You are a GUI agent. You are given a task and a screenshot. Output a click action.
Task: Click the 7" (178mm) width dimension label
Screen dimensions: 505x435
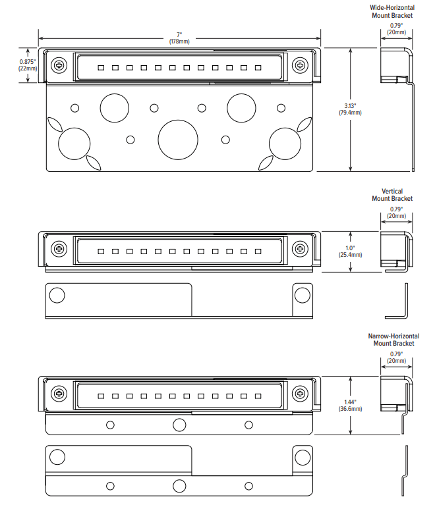tap(179, 38)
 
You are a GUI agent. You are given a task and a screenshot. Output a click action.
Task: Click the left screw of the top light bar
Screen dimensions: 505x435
tap(60, 65)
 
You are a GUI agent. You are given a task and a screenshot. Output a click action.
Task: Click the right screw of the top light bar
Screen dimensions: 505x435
tap(300, 65)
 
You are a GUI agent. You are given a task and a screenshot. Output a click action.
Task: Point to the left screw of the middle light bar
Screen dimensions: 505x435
tap(60, 249)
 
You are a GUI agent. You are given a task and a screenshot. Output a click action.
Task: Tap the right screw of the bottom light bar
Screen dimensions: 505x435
tap(300, 393)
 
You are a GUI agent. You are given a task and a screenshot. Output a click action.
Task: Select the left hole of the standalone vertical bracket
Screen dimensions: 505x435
tap(57, 295)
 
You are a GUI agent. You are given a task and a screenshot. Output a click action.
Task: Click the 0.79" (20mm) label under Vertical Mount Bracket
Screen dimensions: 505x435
tap(396, 212)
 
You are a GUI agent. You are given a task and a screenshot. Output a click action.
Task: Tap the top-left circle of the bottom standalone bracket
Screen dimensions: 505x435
tap(57, 456)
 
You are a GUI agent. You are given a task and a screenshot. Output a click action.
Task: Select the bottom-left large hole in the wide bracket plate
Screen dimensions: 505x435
tap(74, 144)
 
